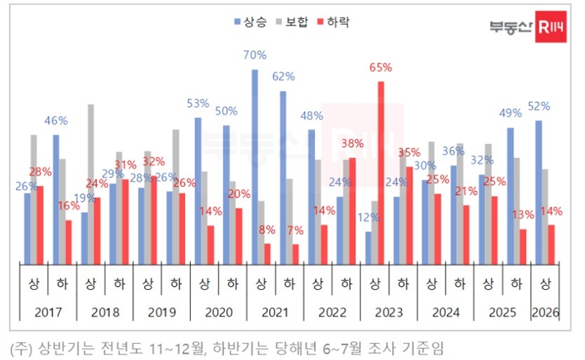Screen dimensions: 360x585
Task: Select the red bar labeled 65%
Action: coord(381,172)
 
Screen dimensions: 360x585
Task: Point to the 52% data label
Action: coord(539,106)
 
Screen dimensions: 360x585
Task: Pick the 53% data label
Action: coord(197,103)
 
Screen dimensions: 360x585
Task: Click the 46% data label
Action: coord(56,121)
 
